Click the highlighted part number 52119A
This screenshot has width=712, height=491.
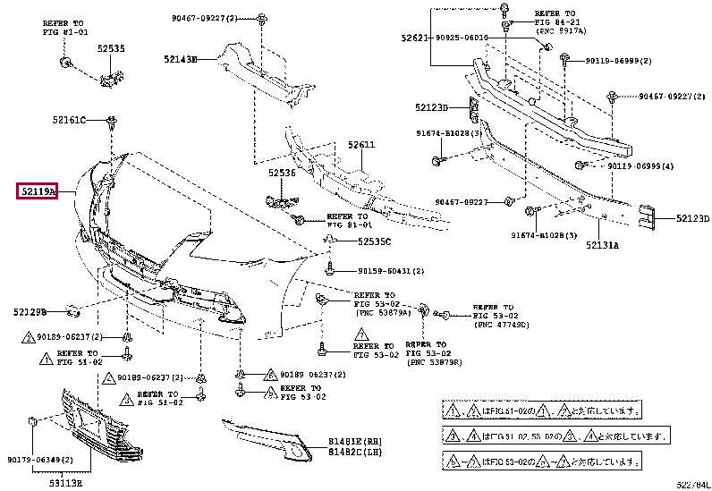(37, 191)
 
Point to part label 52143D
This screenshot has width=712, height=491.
(180, 60)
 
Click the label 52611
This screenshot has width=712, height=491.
(361, 144)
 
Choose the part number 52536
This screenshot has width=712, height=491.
(282, 173)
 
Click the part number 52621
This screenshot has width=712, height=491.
(415, 38)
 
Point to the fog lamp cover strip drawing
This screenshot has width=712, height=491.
(268, 441)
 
